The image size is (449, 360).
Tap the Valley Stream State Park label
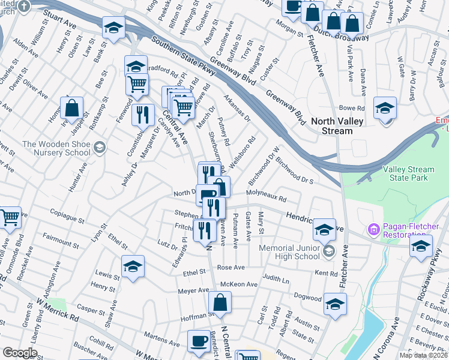(x=408, y=174)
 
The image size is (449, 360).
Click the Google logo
(x=20, y=353)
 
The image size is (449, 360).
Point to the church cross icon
(x=23, y=6)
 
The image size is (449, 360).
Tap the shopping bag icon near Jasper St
(x=72, y=109)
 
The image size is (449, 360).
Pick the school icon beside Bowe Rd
(x=385, y=109)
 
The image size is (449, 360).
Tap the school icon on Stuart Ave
(x=113, y=28)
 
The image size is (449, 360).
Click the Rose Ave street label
(x=231, y=267)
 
